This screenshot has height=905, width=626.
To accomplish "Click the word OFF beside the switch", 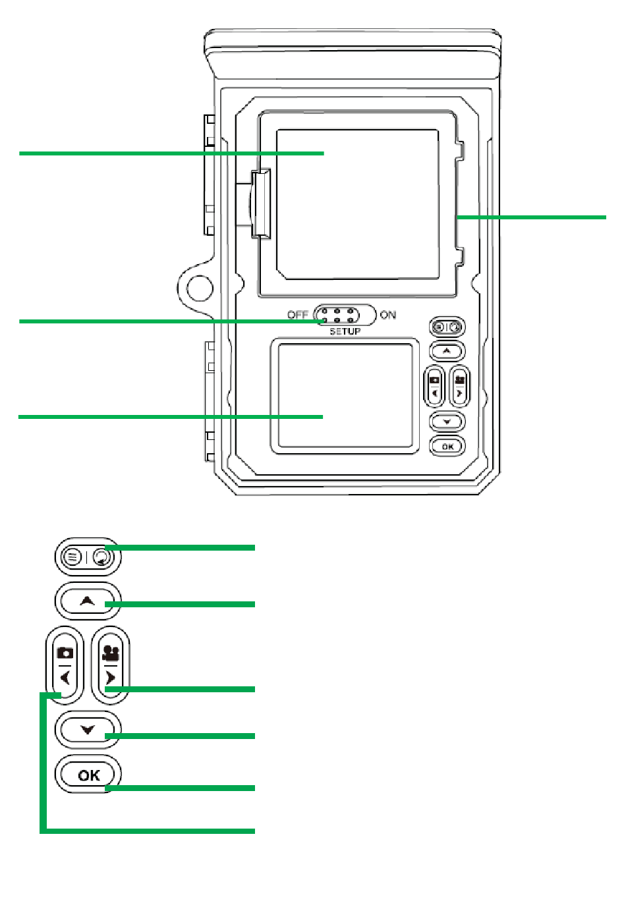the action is pyautogui.click(x=297, y=315).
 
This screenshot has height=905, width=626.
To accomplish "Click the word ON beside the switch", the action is pyautogui.click(x=388, y=315).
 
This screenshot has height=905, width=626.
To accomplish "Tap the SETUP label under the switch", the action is pyautogui.click(x=345, y=331).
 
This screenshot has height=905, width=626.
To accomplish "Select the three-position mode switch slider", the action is pyautogui.click(x=345, y=315).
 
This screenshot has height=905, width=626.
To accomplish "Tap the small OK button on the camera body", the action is pyautogui.click(x=447, y=446).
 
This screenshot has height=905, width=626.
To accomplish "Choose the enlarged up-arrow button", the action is pyautogui.click(x=88, y=601).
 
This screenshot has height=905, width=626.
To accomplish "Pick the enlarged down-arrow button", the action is pyautogui.click(x=88, y=730).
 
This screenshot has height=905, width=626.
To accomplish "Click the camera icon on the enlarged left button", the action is pyautogui.click(x=65, y=653).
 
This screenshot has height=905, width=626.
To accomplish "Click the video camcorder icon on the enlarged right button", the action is pyautogui.click(x=110, y=653).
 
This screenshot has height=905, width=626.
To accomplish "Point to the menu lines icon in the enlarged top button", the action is pyautogui.click(x=72, y=557).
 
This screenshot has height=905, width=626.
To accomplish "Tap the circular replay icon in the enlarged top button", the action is pyautogui.click(x=101, y=557).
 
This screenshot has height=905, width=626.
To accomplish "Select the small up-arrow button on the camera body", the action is pyautogui.click(x=447, y=351).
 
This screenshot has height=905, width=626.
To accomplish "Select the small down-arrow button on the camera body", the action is pyautogui.click(x=447, y=422).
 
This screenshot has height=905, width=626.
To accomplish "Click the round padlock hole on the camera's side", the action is pyautogui.click(x=200, y=288).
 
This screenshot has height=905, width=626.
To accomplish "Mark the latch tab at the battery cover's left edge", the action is pyautogui.click(x=261, y=204).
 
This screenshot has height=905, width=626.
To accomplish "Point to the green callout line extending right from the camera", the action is pyautogui.click(x=531, y=217).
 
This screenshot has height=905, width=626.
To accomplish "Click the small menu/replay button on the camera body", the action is pyautogui.click(x=447, y=327).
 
